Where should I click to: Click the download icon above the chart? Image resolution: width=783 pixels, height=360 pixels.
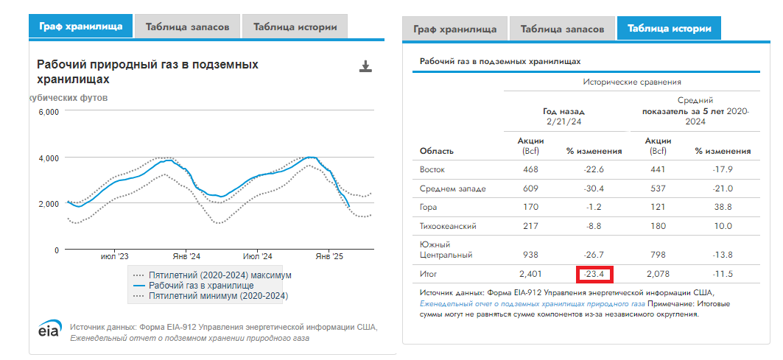[x=365, y=67]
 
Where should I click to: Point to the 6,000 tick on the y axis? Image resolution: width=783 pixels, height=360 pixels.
[x=48, y=112]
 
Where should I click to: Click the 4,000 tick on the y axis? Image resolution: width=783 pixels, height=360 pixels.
[x=48, y=158]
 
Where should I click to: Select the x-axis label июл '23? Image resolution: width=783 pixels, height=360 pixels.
[x=114, y=257]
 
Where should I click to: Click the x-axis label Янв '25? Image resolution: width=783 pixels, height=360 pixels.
[x=329, y=257]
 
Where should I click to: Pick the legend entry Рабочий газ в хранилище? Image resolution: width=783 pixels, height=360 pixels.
[x=201, y=286]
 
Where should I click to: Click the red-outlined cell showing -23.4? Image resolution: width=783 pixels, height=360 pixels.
[x=594, y=275]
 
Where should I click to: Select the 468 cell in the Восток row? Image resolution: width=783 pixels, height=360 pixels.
[x=530, y=170]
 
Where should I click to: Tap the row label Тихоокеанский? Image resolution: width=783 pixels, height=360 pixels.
[x=446, y=227]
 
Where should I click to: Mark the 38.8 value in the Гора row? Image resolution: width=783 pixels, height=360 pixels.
[x=723, y=208]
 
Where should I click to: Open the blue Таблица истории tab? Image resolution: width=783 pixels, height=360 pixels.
[x=669, y=29]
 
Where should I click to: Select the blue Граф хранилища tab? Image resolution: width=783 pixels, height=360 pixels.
[x=81, y=27]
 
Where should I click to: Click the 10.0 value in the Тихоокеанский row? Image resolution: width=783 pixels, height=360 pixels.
[x=723, y=227]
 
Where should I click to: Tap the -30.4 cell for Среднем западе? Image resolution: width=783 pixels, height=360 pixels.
[x=594, y=189]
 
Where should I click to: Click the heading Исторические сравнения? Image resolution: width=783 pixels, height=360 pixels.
[x=631, y=82]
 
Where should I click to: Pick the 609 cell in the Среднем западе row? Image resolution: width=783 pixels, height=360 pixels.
[x=530, y=189]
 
